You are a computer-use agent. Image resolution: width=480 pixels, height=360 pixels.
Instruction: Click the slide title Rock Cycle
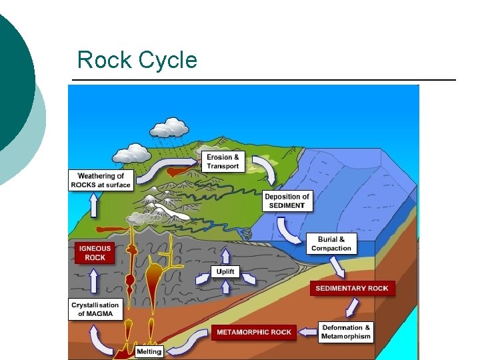[137, 60]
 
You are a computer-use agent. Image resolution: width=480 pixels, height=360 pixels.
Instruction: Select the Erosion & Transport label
[223, 161]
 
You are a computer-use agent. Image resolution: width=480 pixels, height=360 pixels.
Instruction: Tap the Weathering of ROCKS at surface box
[101, 180]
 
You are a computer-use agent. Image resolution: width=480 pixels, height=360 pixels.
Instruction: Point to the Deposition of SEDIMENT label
[287, 201]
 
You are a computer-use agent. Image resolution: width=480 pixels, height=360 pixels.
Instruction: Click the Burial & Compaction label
[331, 243]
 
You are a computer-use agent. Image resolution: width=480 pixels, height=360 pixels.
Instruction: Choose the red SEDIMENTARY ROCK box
[351, 288]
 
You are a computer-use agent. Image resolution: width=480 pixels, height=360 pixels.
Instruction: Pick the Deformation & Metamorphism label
[346, 332]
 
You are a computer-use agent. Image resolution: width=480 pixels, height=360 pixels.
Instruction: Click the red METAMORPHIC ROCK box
[254, 332]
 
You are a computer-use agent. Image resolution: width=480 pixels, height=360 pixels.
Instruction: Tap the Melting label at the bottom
[149, 351]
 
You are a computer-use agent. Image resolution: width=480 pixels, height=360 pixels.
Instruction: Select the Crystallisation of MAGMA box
[95, 309]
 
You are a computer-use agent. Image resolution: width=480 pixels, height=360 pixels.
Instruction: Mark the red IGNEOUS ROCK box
[95, 253]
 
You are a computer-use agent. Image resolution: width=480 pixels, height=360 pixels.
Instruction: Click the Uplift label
[225, 272]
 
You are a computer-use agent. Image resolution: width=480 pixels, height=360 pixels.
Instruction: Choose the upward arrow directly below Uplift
[225, 287]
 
